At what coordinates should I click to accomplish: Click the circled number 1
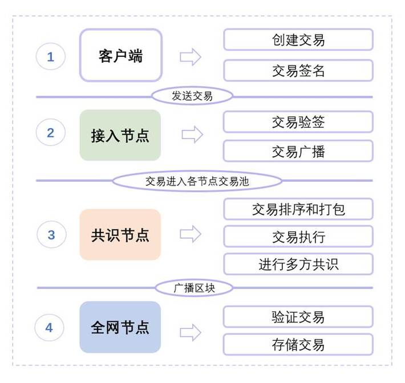(x=50, y=56)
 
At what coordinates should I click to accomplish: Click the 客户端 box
(x=120, y=56)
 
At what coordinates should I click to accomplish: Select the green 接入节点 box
(x=120, y=135)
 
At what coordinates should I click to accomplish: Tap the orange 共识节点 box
(x=120, y=235)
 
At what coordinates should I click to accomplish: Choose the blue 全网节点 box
(x=120, y=327)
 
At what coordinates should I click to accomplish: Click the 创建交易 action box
(x=298, y=40)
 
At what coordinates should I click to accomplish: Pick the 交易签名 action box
(x=298, y=71)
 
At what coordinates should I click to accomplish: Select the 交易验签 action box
(x=298, y=122)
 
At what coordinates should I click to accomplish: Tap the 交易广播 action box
(x=298, y=151)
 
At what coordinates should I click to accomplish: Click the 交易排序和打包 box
(x=298, y=209)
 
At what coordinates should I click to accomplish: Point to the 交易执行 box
(x=298, y=237)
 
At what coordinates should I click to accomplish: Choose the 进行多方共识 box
(x=298, y=264)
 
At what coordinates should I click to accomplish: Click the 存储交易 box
(x=298, y=344)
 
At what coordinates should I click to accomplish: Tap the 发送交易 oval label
(x=192, y=96)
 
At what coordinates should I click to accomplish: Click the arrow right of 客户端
(x=191, y=56)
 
